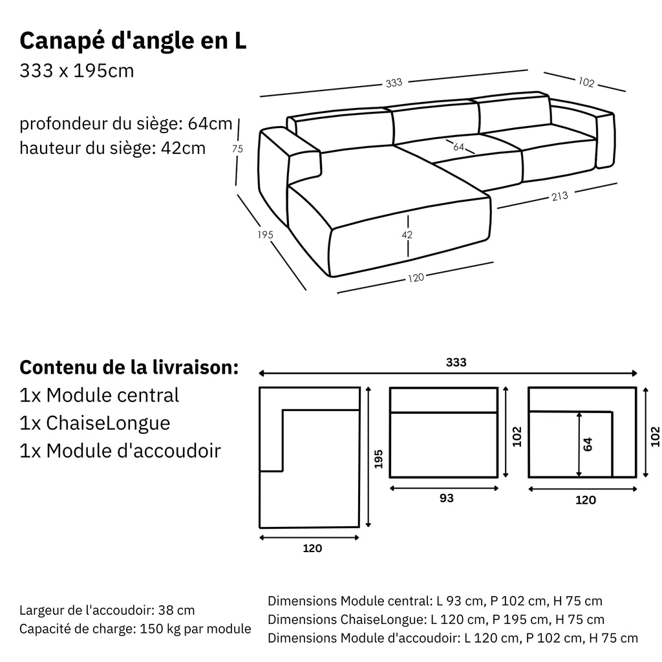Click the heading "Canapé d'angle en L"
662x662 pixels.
click(133, 41)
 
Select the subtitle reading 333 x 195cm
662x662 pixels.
click(77, 70)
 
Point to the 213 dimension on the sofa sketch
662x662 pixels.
click(561, 196)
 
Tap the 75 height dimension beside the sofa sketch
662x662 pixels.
click(237, 149)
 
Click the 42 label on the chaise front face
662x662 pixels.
click(407, 235)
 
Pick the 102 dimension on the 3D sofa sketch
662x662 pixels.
click(586, 82)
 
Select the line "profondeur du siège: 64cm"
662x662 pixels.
click(126, 123)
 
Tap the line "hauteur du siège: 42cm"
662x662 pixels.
click(112, 148)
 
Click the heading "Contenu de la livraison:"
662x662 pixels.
click(129, 367)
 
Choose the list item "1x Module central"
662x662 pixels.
click(100, 394)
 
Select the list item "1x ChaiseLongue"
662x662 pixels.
click(95, 423)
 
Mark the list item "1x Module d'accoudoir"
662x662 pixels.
click(120, 451)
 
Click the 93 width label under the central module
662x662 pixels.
click(446, 498)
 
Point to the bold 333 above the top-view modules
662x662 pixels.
click(456, 362)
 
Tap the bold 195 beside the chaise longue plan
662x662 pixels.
click(379, 458)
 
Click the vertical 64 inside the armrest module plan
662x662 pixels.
click(587, 444)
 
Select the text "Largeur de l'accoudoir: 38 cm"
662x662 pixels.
click(107, 610)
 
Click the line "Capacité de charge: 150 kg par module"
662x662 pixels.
click(135, 629)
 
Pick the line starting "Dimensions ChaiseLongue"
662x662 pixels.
click(436, 620)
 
